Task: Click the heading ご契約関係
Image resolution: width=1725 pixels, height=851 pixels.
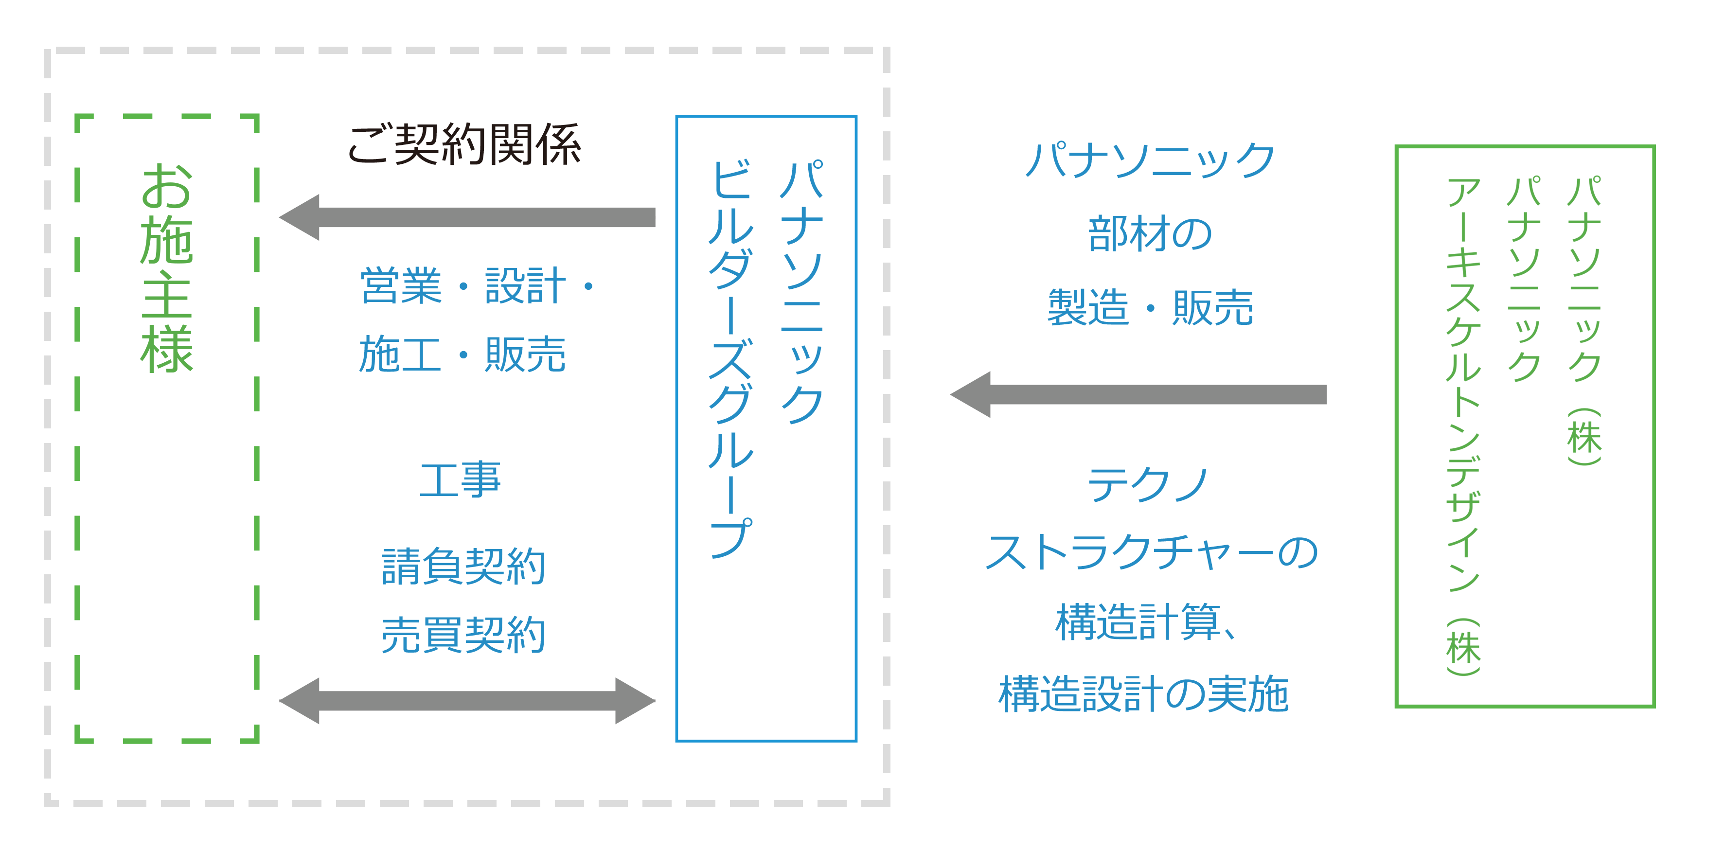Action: coord(464,144)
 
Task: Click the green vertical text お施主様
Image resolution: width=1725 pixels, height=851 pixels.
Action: coord(167,268)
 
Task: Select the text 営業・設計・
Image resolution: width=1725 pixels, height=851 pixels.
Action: coord(476,286)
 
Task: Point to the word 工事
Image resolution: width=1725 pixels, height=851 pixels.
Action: coord(460,479)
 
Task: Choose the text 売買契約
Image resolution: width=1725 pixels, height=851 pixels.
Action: coord(463,634)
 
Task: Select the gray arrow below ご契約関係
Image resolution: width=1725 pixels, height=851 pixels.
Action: coord(467,217)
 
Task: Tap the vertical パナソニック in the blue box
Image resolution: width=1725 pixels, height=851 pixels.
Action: coord(801,291)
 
